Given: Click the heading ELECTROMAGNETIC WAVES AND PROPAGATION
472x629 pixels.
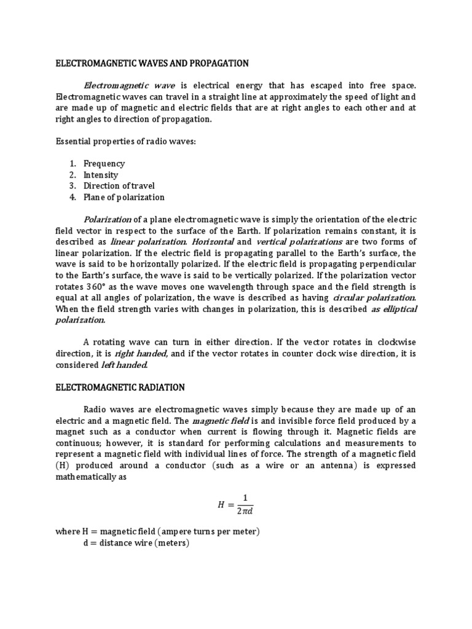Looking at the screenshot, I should [x=152, y=63].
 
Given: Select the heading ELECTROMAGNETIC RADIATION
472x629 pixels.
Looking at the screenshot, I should [x=120, y=387].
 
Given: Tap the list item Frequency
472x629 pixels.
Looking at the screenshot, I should [x=104, y=163].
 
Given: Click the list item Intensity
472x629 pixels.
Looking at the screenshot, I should [x=101, y=174].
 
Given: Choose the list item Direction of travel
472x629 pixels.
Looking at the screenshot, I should [x=119, y=186].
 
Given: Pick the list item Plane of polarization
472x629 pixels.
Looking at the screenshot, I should [x=124, y=197].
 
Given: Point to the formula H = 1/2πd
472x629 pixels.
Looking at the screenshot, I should [x=235, y=504].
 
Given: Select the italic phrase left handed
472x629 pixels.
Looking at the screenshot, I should [x=124, y=364].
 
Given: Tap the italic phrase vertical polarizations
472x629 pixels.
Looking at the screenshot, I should [x=299, y=241].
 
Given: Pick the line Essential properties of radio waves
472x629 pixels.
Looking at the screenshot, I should [x=119, y=141].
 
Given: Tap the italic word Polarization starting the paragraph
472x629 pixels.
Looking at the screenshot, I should [x=107, y=219].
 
